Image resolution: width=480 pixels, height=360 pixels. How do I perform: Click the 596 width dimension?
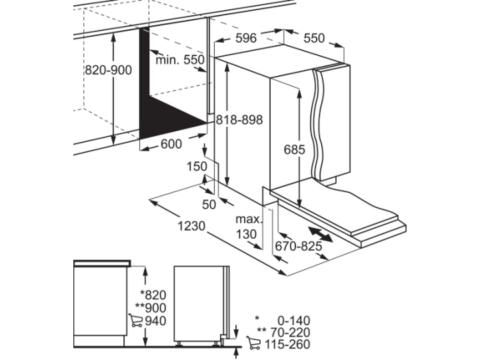click(x=246, y=38)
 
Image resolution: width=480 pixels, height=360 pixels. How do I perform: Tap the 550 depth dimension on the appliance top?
click(x=314, y=38)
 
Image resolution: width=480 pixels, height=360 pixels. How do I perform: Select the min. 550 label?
click(x=180, y=60)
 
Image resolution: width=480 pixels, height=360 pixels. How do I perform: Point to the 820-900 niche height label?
click(x=108, y=70)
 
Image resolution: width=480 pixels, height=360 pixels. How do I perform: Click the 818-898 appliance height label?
click(x=239, y=120)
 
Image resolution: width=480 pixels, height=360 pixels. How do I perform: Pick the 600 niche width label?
click(x=171, y=143)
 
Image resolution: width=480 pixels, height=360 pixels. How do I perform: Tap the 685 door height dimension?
click(x=295, y=149)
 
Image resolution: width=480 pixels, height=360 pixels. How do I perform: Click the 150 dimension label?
click(x=197, y=167)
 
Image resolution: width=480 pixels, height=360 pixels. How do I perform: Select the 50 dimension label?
click(x=209, y=205)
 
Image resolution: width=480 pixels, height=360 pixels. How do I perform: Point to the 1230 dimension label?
click(x=191, y=226)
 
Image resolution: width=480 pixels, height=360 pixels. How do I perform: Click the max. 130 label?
click(x=248, y=227)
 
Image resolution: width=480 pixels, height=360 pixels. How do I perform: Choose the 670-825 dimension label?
click(x=299, y=246)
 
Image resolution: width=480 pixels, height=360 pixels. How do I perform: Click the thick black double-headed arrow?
click(x=320, y=235)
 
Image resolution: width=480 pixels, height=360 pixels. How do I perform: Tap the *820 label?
click(x=153, y=295)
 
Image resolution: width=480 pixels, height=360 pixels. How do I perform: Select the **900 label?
click(x=151, y=307)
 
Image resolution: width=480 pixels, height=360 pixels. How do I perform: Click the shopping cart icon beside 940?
click(x=135, y=320)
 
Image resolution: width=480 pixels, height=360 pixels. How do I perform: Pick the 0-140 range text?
click(x=293, y=321)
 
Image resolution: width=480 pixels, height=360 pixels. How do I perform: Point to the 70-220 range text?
click(x=290, y=332)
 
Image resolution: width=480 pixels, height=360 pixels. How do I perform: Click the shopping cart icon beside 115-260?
click(x=253, y=343)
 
